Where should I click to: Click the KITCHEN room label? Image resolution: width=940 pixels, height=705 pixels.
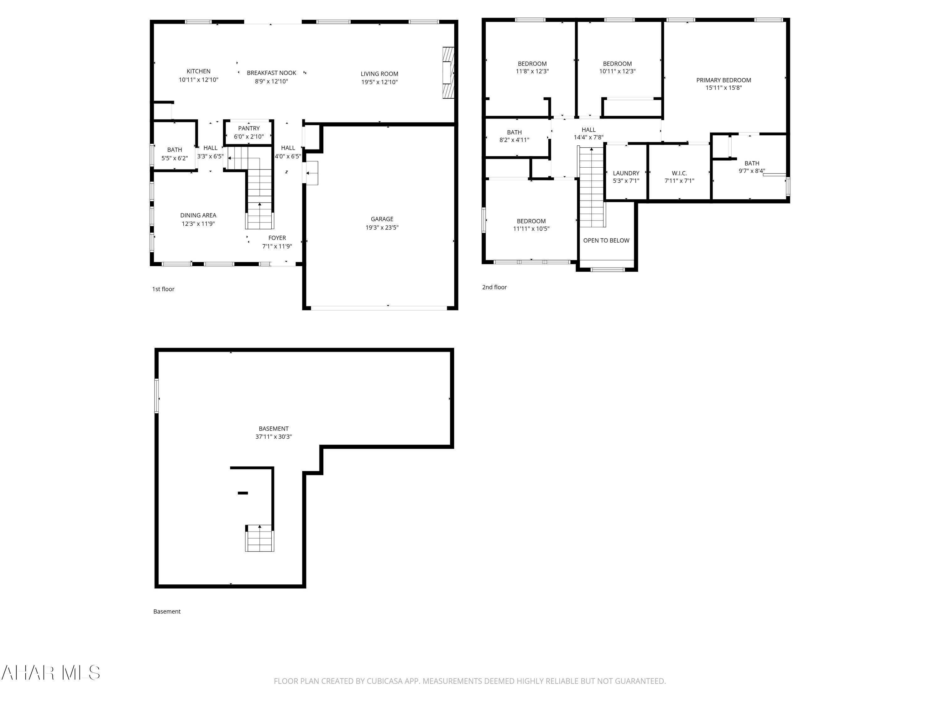tap(198, 71)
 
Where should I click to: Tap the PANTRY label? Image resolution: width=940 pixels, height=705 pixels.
tap(248, 128)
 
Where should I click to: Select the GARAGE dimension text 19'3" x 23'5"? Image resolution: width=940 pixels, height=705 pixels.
tap(382, 227)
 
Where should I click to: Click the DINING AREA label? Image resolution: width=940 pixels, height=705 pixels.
tap(198, 216)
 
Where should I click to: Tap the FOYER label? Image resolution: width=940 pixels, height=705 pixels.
tap(277, 238)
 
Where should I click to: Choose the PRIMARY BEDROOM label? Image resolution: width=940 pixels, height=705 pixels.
tap(723, 80)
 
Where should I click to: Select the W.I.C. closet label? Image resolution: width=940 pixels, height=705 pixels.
tap(679, 173)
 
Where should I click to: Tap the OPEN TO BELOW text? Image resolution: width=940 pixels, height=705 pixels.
tap(606, 241)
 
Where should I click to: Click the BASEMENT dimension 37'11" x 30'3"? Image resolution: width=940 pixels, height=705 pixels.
tap(273, 437)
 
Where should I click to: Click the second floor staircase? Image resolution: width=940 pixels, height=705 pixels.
tap(592, 187)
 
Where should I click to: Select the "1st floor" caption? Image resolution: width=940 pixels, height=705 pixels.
tap(163, 289)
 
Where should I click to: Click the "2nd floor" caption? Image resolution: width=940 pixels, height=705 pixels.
tap(494, 287)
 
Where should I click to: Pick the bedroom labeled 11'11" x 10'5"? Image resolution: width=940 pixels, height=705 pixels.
tap(531, 225)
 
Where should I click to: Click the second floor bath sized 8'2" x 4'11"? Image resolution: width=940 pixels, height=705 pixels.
tap(514, 136)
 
